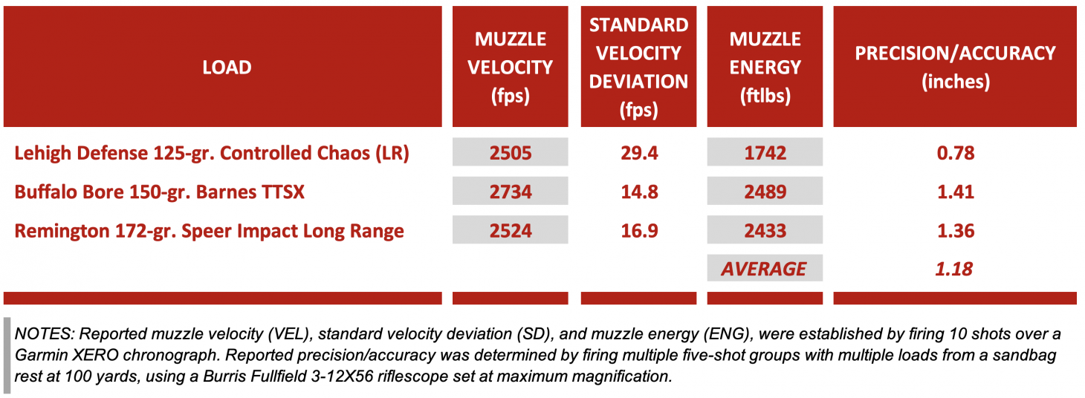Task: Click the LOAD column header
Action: click(x=227, y=68)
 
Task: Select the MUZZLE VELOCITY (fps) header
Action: click(x=510, y=68)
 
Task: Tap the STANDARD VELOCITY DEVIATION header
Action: click(x=638, y=68)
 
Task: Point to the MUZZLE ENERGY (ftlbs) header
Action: click(x=765, y=68)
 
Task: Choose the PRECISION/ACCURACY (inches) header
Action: click(x=955, y=68)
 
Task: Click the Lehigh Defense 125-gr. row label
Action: click(x=212, y=153)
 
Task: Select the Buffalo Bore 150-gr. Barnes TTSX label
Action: click(x=159, y=192)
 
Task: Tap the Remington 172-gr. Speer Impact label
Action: click(x=209, y=231)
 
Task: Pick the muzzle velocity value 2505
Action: click(x=511, y=153)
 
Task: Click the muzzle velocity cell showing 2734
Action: click(x=511, y=192)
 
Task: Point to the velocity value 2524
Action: click(x=511, y=231)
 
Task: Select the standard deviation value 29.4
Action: click(x=638, y=153)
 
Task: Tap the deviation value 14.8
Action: click(x=638, y=192)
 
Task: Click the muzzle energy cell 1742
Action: click(x=765, y=153)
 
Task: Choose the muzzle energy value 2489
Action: click(x=765, y=192)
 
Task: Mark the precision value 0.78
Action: click(x=955, y=153)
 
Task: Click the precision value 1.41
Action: click(x=955, y=192)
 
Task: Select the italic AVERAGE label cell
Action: click(x=765, y=269)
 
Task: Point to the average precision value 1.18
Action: click(x=955, y=269)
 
